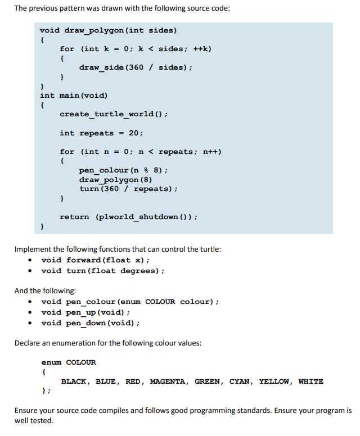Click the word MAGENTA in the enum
point(168,381)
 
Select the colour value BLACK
point(74,381)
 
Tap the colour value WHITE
point(311,381)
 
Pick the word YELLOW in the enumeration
point(274,381)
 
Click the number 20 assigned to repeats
point(134,133)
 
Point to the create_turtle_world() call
point(114,114)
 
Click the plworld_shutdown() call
point(145,217)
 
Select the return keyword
point(74,217)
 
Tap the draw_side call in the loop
point(136,67)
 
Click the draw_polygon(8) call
point(115,180)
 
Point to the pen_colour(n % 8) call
point(123,170)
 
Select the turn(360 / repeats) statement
point(128,189)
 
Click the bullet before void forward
point(30,260)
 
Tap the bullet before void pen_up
point(30,312)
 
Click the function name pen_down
point(85,323)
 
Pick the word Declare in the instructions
point(27,343)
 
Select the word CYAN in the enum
point(240,381)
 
